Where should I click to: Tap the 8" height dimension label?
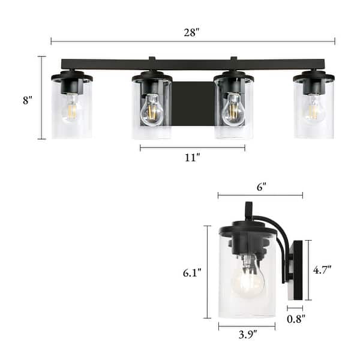(27, 100)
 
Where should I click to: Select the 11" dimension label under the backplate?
(193, 158)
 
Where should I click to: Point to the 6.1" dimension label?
(192, 272)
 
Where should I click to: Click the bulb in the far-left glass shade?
(72, 108)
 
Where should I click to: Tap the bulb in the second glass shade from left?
(151, 110)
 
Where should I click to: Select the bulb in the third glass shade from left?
(233, 110)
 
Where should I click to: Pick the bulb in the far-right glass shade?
(313, 109)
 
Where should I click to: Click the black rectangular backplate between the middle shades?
(193, 103)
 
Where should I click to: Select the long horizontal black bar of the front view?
(193, 64)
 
